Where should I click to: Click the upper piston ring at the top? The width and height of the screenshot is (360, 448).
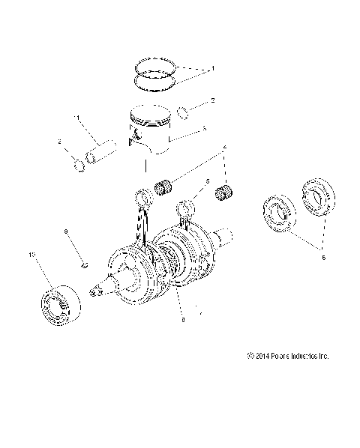pos(154,62)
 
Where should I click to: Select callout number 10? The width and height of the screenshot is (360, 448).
pos(31,255)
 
